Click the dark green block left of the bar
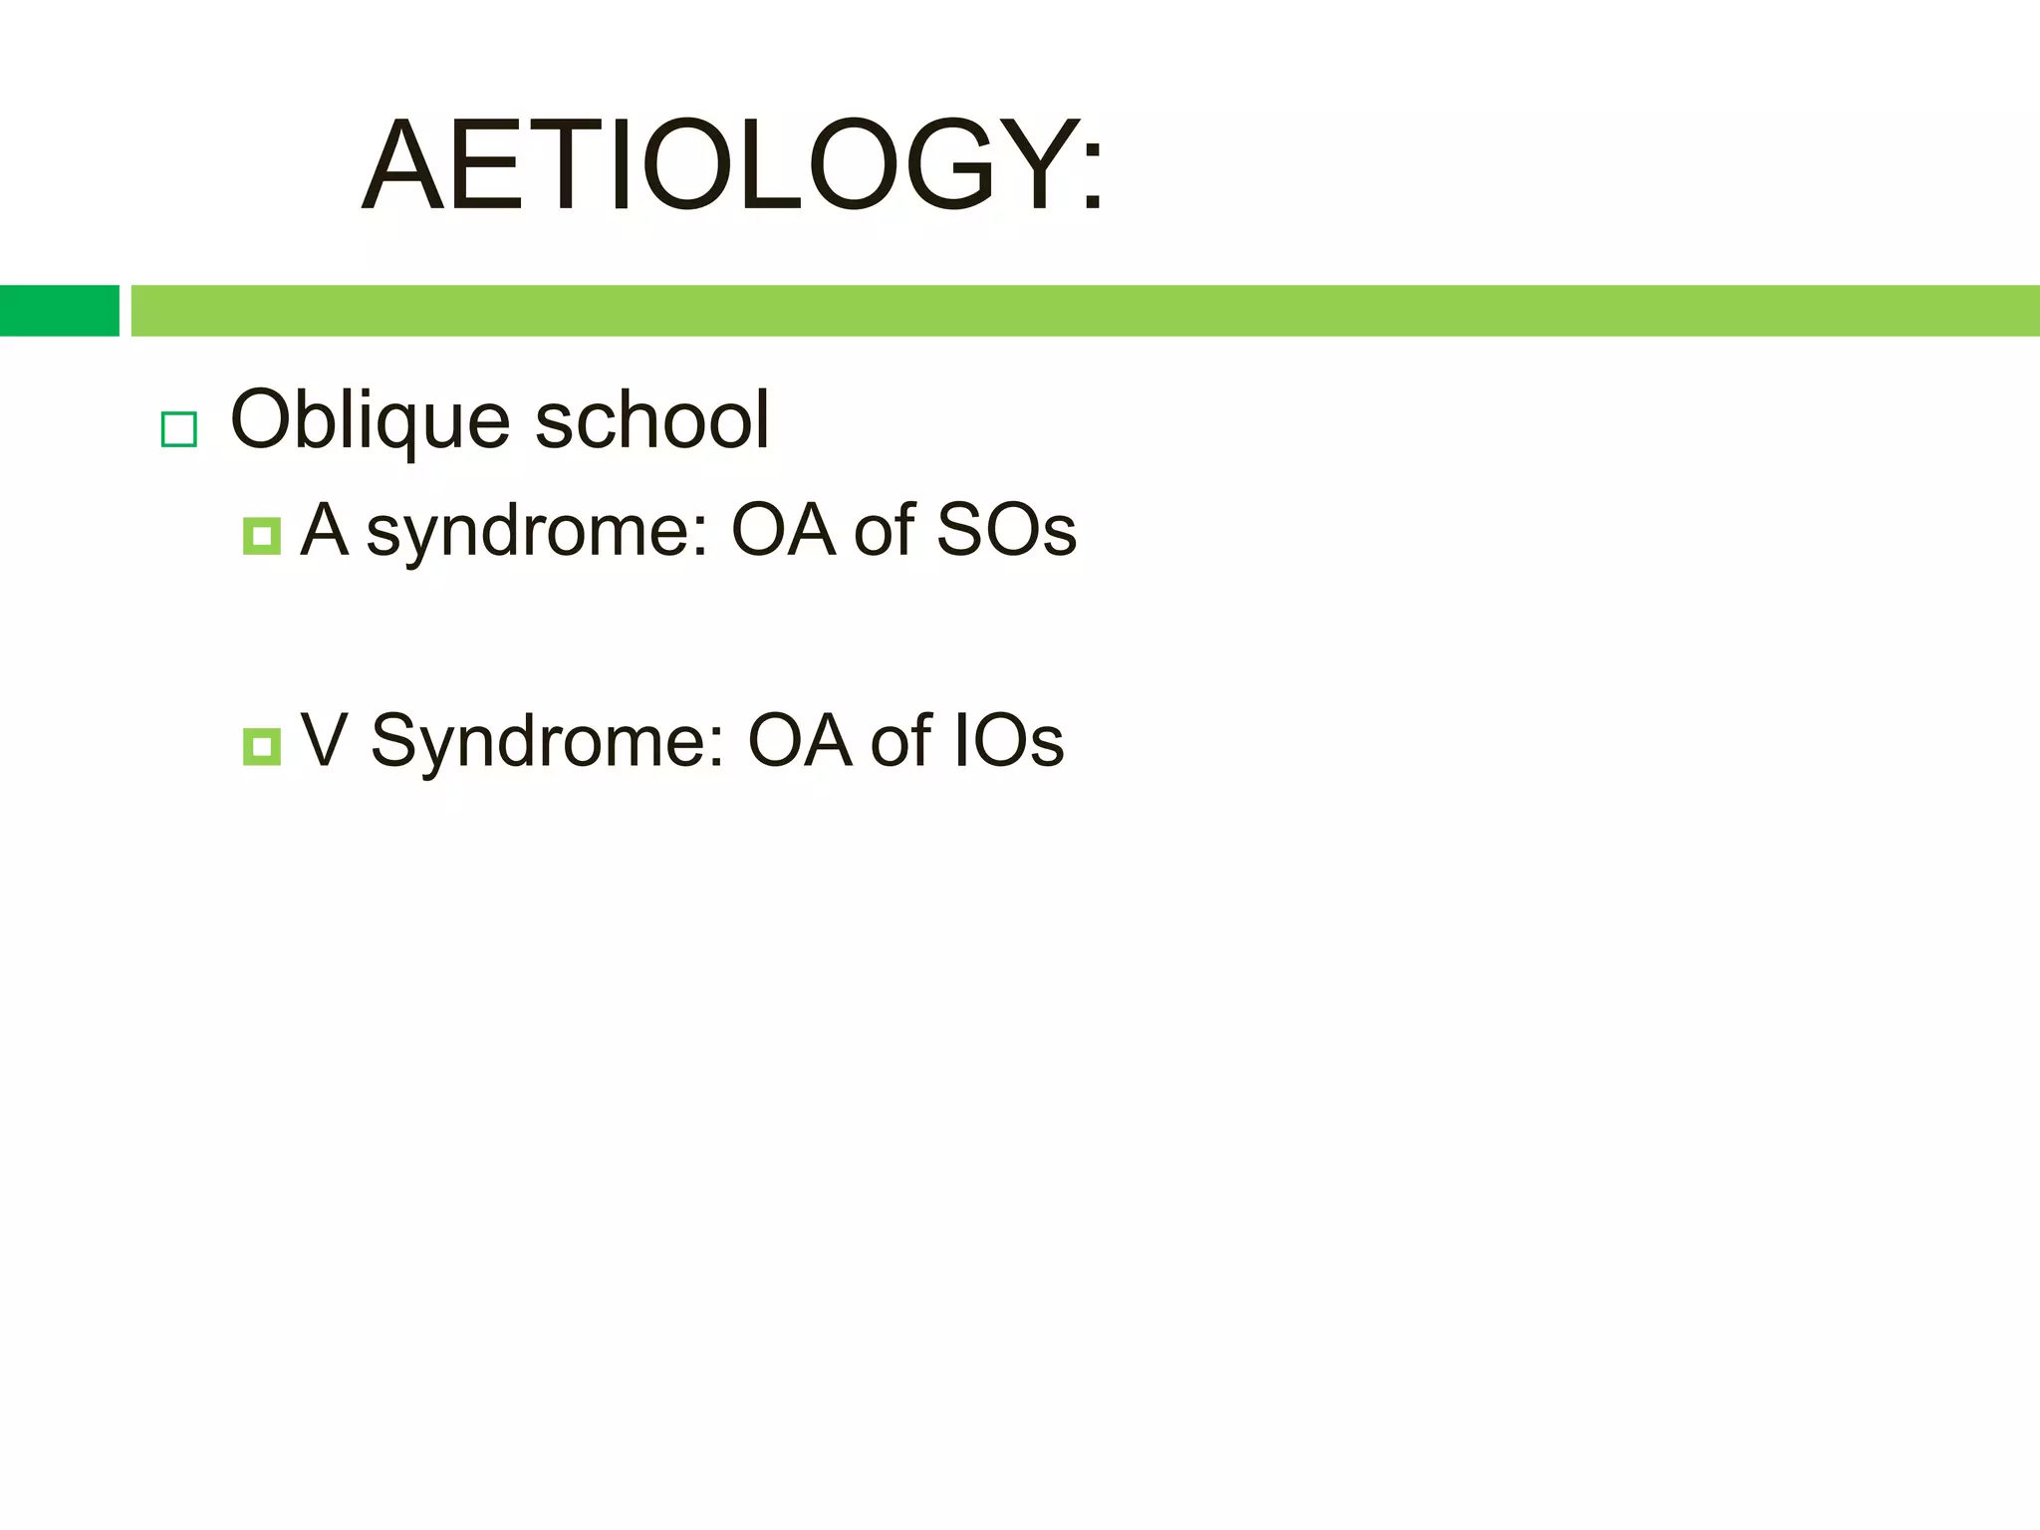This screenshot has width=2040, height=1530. (x=59, y=311)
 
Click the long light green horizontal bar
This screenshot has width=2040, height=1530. (x=1084, y=311)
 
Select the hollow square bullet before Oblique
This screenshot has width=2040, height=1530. (x=179, y=429)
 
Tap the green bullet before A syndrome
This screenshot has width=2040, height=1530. (x=261, y=536)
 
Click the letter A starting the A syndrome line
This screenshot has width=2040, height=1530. (x=325, y=530)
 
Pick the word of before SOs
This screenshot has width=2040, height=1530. (x=884, y=530)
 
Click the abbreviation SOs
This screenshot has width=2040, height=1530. (x=1006, y=530)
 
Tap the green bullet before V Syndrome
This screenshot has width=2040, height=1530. (x=261, y=746)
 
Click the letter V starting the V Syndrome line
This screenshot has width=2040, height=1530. (x=324, y=741)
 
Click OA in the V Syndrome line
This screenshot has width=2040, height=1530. (x=800, y=741)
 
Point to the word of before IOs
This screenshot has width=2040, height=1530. (x=900, y=741)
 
